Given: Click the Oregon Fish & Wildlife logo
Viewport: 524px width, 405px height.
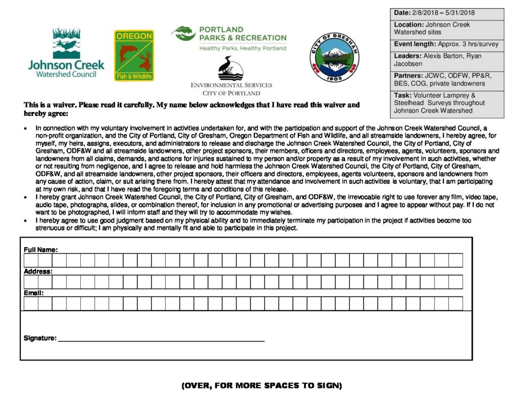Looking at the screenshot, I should pos(134,55).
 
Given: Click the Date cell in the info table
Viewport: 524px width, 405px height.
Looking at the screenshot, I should pos(446,14).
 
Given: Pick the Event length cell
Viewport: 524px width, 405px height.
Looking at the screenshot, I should pos(446,45).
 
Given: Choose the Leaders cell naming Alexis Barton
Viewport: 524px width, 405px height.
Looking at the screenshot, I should pos(446,60).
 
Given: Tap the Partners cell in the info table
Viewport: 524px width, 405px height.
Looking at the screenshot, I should pos(446,79).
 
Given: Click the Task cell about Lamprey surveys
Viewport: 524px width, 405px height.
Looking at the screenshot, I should pos(446,103).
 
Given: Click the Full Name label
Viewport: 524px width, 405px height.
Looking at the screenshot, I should pos(40,249).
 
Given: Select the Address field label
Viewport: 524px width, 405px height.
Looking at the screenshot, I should pos(38,271).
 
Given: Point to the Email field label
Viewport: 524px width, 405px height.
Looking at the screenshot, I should pos(34,293).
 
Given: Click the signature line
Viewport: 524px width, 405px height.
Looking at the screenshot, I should pos(161,339).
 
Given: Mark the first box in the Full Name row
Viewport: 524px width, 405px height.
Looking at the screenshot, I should pos(31,260).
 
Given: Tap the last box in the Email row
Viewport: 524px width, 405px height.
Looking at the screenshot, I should pos(455,304).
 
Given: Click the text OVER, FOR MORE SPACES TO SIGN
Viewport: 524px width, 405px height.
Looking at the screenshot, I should pos(261,385).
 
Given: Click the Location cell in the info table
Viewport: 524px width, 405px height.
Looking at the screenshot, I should pos(446,28).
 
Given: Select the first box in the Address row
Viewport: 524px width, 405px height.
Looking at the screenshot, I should pos(31,282).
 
